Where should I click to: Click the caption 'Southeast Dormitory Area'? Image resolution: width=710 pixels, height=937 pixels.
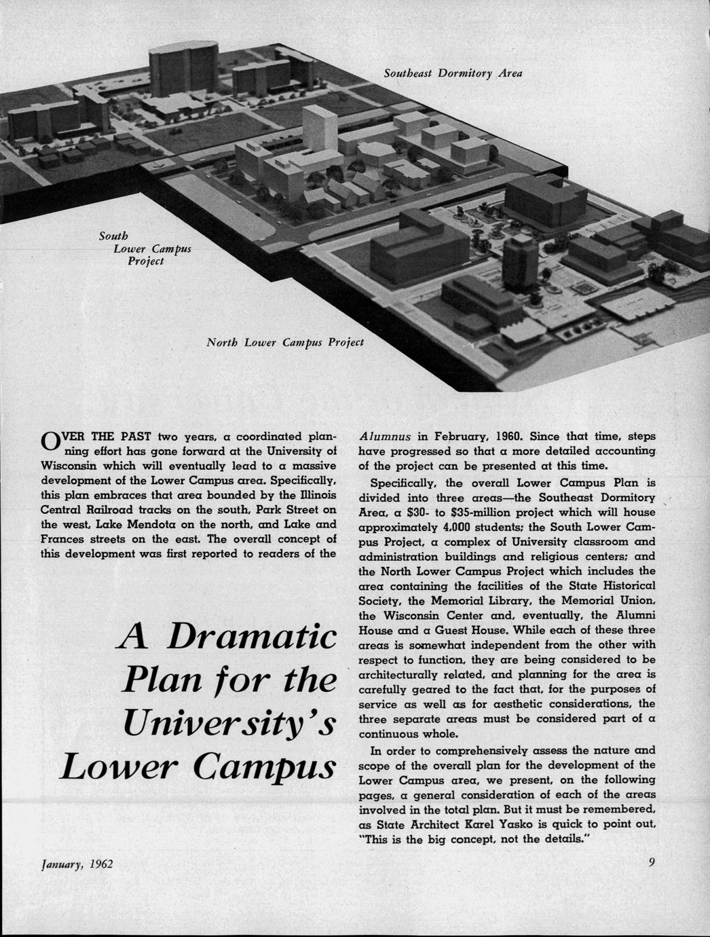[452, 73]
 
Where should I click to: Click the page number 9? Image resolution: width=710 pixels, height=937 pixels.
[652, 863]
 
